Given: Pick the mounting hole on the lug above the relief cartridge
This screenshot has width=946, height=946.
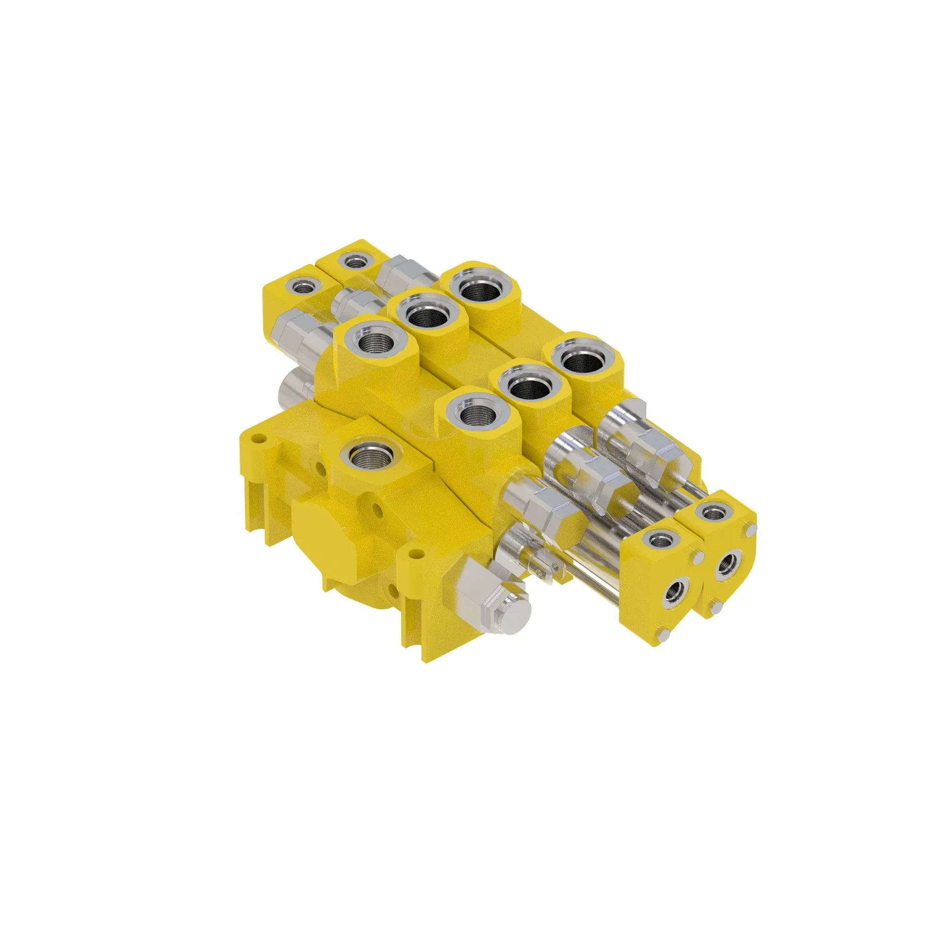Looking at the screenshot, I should (416, 554).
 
